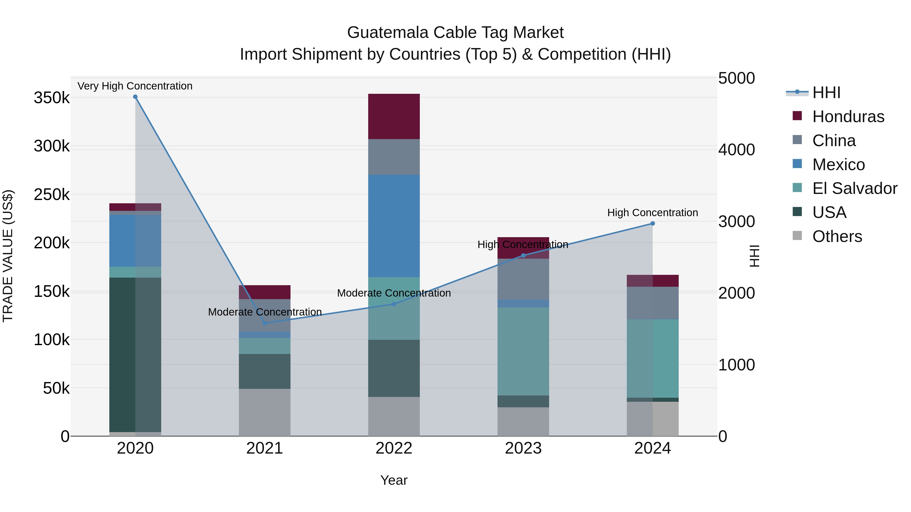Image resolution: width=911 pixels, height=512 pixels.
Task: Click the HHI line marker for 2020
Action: click(x=135, y=97)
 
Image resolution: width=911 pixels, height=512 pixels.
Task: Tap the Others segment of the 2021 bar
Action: click(x=264, y=412)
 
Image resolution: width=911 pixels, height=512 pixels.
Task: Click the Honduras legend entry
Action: click(x=848, y=117)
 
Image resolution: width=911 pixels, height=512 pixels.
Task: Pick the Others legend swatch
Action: click(x=797, y=236)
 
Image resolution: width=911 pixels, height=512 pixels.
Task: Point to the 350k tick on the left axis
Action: click(x=52, y=98)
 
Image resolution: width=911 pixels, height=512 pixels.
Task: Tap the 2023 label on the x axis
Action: click(x=523, y=448)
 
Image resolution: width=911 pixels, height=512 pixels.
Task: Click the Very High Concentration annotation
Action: click(x=135, y=86)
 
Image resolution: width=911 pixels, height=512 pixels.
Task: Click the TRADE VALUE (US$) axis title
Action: click(x=8, y=256)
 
